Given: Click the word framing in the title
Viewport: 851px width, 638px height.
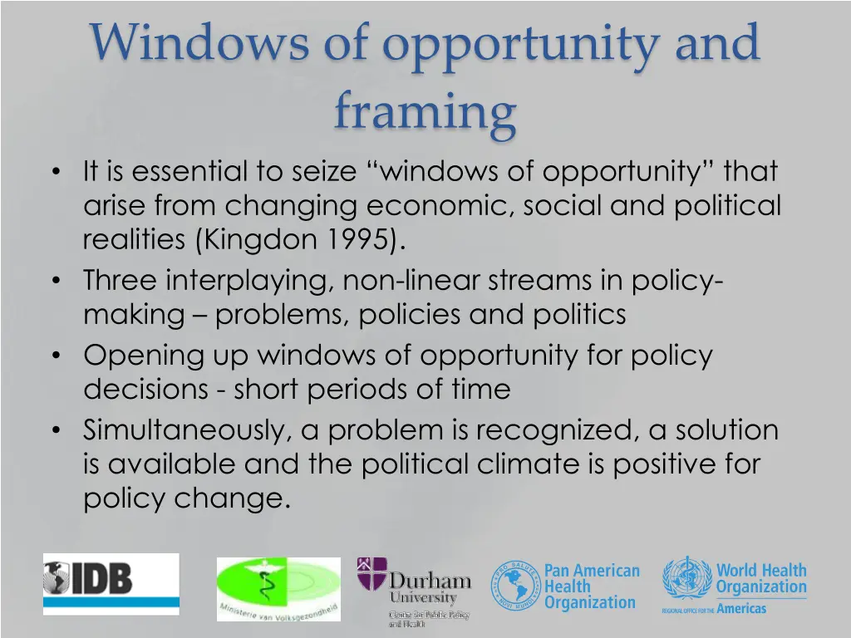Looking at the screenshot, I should (x=425, y=111).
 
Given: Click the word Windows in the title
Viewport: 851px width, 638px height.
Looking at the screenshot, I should (x=199, y=43).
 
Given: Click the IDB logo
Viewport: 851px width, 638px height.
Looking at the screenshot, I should (x=111, y=583).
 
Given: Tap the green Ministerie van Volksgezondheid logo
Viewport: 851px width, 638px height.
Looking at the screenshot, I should (x=278, y=589).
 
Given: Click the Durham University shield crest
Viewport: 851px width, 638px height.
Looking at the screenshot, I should (x=371, y=574).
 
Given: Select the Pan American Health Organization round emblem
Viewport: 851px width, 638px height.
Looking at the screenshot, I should (x=515, y=585).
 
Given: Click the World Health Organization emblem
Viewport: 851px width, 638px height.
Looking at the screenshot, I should (x=687, y=578).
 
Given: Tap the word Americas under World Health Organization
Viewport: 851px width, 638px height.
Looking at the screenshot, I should (x=741, y=609).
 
